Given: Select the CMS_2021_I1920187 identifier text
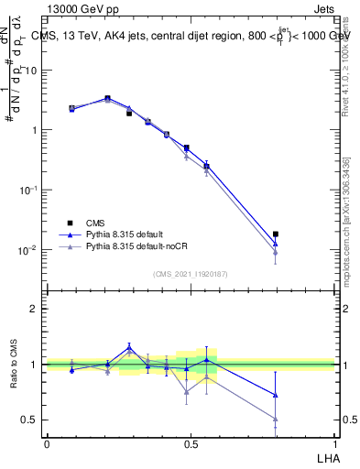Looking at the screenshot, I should (x=191, y=273).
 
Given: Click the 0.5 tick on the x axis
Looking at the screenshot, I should (x=191, y=443).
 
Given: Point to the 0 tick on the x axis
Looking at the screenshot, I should (x=47, y=443).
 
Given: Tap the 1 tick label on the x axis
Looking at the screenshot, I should (x=334, y=443).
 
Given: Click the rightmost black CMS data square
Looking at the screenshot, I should (x=276, y=234).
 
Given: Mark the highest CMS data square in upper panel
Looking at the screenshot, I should (x=108, y=98).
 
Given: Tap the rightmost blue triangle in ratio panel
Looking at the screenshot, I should (x=276, y=395).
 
